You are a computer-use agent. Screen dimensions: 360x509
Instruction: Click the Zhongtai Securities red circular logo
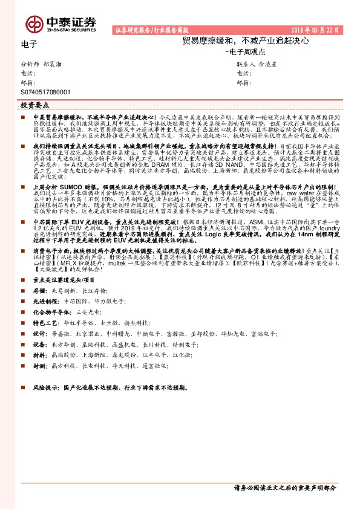35,23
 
